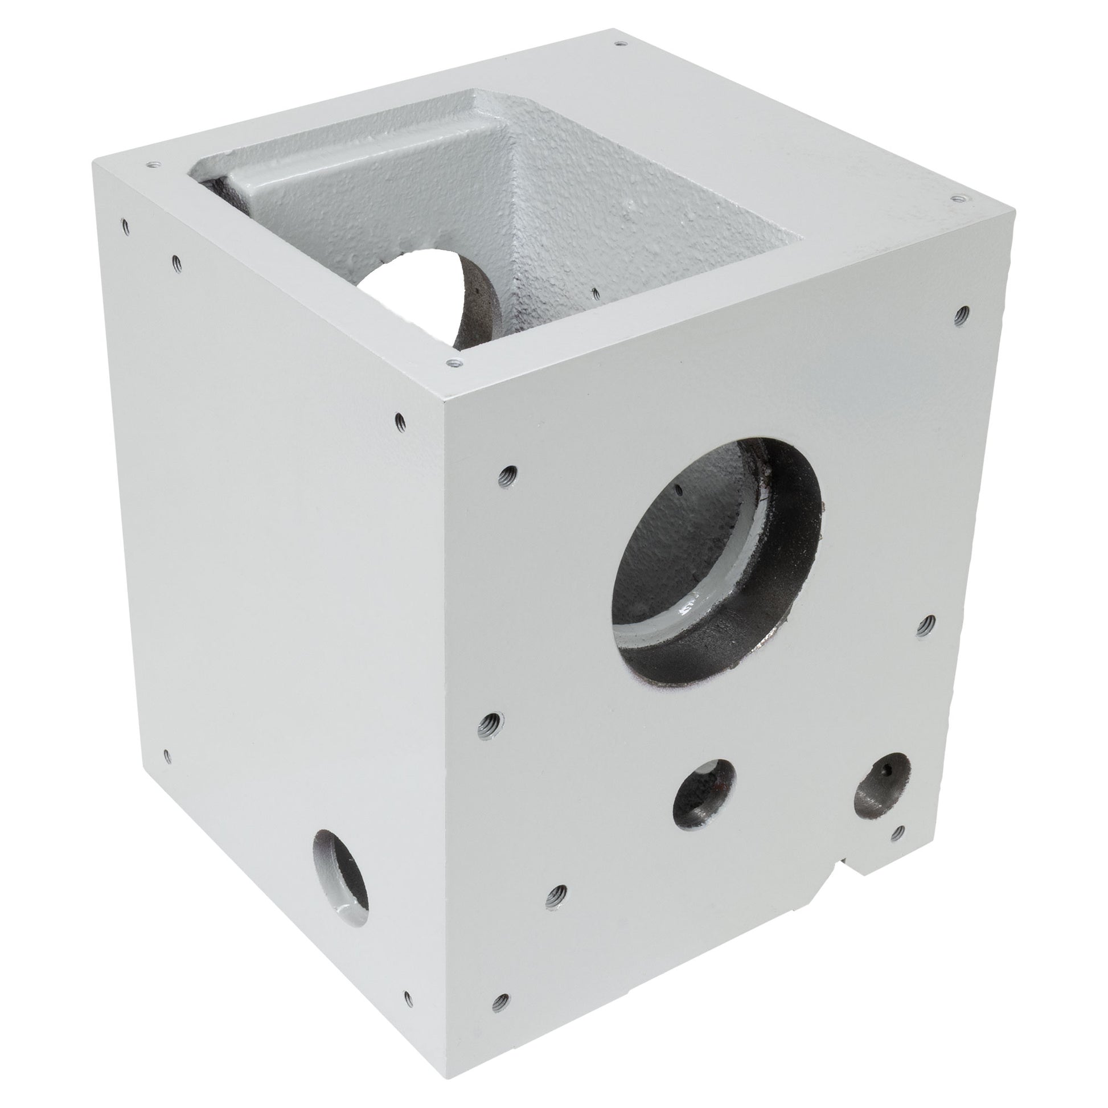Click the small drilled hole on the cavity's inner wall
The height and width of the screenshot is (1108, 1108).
pos(596,295)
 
